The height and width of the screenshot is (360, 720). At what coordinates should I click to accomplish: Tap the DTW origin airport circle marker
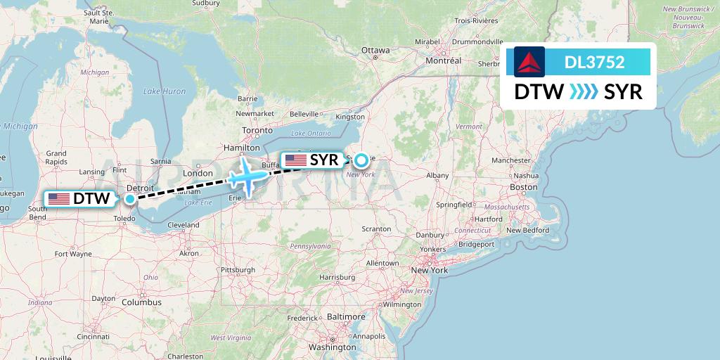tap(130, 199)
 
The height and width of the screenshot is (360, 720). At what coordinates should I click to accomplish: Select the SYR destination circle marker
tap(361, 160)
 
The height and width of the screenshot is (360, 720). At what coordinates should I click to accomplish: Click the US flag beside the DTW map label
tap(58, 199)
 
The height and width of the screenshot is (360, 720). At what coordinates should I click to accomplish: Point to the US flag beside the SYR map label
tap(295, 160)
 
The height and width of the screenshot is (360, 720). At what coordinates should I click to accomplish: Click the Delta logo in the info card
tap(526, 62)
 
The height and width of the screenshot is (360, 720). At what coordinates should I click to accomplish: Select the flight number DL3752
tap(594, 62)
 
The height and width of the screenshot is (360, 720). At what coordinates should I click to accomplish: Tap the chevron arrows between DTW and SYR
tap(584, 92)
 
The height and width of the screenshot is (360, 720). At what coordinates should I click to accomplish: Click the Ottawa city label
tap(375, 51)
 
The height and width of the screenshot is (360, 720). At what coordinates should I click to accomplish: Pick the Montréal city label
tap(443, 61)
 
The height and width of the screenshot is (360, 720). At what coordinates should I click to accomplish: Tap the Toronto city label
tap(257, 131)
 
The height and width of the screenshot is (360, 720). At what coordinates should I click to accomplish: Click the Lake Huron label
tap(165, 91)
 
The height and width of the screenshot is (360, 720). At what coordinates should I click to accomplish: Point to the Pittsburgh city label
tap(238, 269)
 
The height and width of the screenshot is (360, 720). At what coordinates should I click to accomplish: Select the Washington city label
tap(332, 347)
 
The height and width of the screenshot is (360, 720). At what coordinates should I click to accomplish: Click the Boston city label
tap(523, 187)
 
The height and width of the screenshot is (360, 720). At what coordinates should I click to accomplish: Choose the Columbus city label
tap(141, 302)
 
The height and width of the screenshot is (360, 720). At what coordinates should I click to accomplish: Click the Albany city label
tap(437, 175)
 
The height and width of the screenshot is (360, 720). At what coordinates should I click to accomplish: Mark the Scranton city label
tap(376, 229)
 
